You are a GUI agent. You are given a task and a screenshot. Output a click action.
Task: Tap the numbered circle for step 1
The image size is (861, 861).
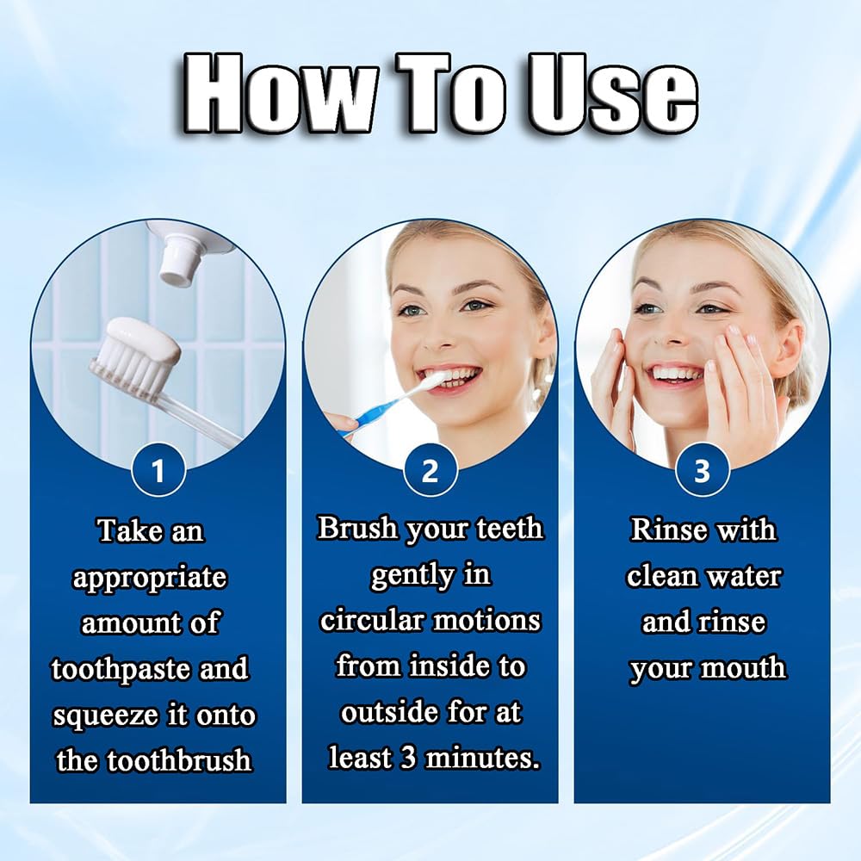click(158, 470)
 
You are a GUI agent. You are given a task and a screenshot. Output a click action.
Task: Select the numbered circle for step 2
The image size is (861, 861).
click(430, 470)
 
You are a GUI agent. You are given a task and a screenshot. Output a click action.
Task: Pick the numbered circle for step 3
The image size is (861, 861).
click(702, 470)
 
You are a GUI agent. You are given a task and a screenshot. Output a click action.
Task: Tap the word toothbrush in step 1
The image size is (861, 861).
click(179, 760)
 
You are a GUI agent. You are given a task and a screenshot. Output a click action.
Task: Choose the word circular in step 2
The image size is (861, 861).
click(372, 621)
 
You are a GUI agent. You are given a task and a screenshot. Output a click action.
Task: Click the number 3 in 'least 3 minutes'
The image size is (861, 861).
click(408, 759)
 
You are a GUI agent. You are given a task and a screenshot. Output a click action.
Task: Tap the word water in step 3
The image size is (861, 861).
click(744, 577)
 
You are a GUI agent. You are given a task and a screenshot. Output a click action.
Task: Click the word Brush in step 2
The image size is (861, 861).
click(358, 528)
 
